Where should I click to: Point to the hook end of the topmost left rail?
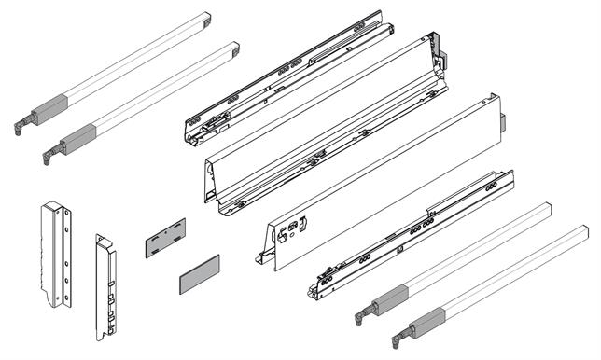(20, 126)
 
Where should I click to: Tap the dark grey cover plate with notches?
(166, 238)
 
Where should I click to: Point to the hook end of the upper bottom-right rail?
(359, 316)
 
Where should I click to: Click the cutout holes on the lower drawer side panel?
(297, 226)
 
